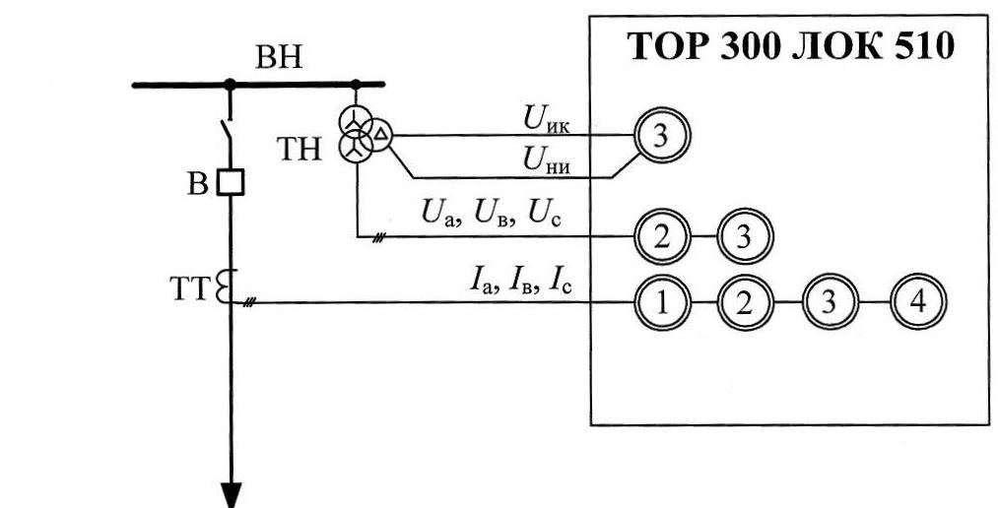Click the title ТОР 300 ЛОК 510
point(791,48)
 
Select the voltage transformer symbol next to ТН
point(361,135)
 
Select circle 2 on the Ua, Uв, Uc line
point(661,236)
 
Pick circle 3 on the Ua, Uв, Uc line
point(746,236)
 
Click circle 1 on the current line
point(661,301)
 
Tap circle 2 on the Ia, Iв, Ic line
point(746,301)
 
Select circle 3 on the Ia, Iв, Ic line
point(831,301)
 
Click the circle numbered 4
point(917,301)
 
